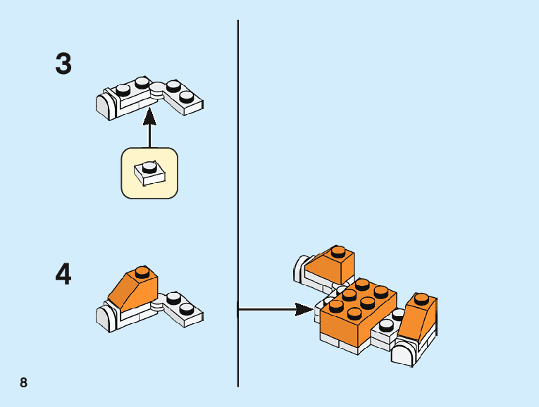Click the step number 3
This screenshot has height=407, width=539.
[63, 64]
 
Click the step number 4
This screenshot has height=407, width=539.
[63, 275]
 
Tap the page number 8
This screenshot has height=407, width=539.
[24, 383]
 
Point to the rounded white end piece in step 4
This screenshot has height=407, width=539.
[104, 318]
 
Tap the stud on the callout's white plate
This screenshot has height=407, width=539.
[148, 167]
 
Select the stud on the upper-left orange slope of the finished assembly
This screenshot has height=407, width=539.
[338, 251]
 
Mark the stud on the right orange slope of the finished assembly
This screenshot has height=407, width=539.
[422, 297]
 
